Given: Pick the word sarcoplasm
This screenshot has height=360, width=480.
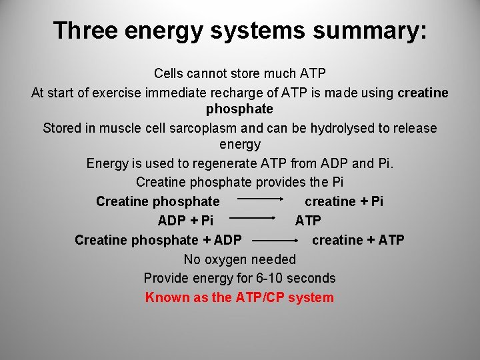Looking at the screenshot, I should [x=233, y=128].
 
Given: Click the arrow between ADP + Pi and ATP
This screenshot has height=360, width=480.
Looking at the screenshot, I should [x=253, y=217].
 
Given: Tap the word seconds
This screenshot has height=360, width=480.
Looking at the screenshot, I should [x=313, y=278].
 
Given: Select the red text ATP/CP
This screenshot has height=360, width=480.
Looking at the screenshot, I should [x=261, y=297].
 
